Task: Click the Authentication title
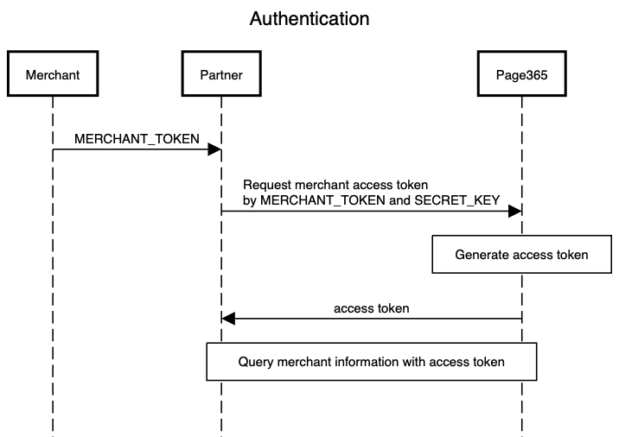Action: point(309,18)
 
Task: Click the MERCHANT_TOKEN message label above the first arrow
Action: point(137,139)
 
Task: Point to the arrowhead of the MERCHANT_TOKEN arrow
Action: point(214,149)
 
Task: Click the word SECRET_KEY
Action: point(457,200)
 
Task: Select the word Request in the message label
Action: point(267,185)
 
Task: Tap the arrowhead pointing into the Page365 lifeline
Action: point(515,211)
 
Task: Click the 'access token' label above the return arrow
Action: point(372,308)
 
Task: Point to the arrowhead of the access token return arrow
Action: point(228,319)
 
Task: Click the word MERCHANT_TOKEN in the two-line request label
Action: point(322,200)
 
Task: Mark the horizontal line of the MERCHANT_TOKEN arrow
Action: point(137,149)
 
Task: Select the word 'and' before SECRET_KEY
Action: point(399,200)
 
